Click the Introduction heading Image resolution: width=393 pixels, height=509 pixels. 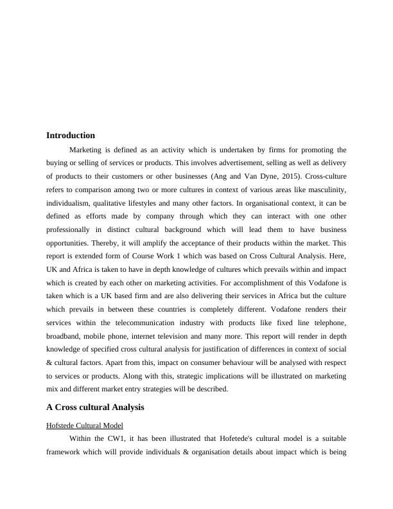pos(71,136)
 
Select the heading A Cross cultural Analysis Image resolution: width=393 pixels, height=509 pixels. pos(95,407)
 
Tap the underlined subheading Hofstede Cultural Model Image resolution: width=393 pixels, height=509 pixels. pos(85,425)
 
